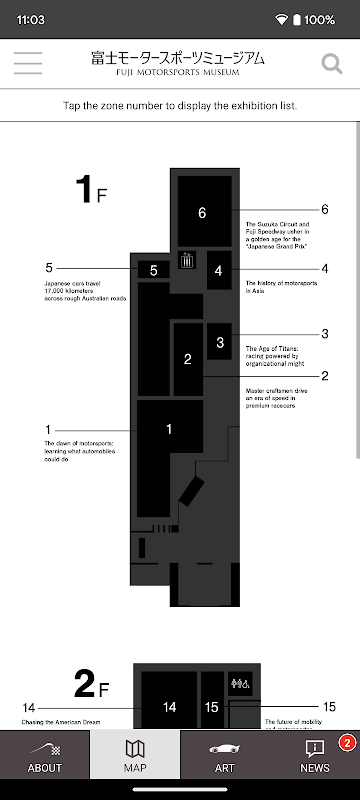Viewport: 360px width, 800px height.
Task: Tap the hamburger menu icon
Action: coord(28,63)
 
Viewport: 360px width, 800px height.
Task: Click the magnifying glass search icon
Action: coord(331,64)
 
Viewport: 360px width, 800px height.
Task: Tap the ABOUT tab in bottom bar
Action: coord(45,755)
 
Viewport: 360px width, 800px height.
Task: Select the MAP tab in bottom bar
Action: coord(135,755)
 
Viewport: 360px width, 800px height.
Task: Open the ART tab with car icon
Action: coord(225,755)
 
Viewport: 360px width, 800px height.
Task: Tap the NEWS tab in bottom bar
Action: coord(315,755)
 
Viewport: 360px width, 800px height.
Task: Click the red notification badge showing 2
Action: coord(347,743)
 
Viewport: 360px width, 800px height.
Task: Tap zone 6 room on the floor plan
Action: coord(204,211)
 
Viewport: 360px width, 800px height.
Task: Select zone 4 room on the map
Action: coord(219,270)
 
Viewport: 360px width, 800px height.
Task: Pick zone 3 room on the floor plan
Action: coord(219,341)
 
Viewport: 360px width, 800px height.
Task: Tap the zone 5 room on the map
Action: coord(153,270)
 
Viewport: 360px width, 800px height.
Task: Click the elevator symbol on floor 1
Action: coord(187,260)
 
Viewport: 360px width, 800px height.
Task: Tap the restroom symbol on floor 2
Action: coord(240,683)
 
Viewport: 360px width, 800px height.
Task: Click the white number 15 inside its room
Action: coord(212,707)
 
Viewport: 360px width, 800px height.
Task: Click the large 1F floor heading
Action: coord(92,190)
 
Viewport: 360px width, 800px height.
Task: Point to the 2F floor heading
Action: coord(92,684)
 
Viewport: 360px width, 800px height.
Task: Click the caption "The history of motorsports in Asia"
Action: coord(281,287)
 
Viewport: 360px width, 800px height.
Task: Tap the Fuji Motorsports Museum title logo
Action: coord(178,63)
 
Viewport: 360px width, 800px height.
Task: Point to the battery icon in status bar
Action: coord(297,20)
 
